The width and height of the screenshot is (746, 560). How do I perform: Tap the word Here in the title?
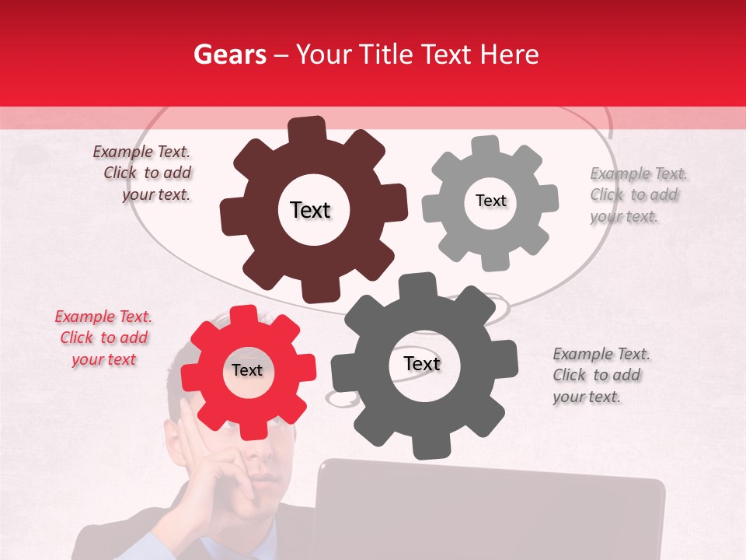click(x=510, y=54)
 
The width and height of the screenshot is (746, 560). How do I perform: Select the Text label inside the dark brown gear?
click(x=310, y=210)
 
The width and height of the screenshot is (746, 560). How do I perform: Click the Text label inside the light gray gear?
click(x=490, y=201)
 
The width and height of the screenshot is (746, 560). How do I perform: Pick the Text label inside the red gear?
click(x=247, y=371)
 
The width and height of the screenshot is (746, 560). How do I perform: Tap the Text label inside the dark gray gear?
click(x=422, y=364)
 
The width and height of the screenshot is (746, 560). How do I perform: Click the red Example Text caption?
click(x=103, y=338)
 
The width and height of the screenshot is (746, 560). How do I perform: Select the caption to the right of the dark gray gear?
click(x=600, y=376)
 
